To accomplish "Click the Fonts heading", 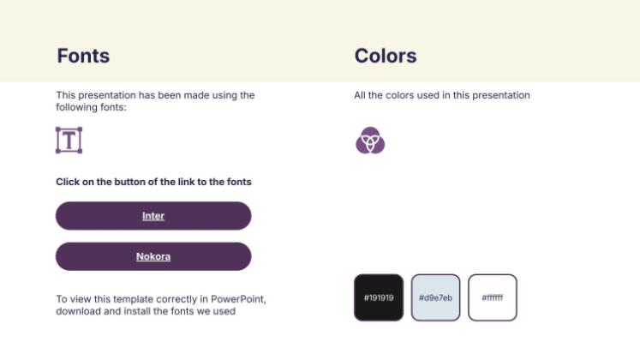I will pyautogui.click(x=83, y=56).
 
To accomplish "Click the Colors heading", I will pyautogui.click(x=386, y=56).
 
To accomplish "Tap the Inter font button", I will pyautogui.click(x=153, y=216).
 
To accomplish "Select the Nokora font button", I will pyautogui.click(x=153, y=256).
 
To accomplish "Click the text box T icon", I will pyautogui.click(x=69, y=140).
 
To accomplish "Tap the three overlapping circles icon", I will pyautogui.click(x=370, y=140).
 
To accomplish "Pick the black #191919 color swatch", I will pyautogui.click(x=379, y=297).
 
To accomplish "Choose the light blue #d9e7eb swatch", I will pyautogui.click(x=435, y=297).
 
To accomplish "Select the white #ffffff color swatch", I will pyautogui.click(x=493, y=297).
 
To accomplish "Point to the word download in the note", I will pyautogui.click(x=77, y=311).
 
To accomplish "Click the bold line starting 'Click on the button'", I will pyautogui.click(x=153, y=182).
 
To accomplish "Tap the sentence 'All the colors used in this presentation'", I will pyautogui.click(x=442, y=95).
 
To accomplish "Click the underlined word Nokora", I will pyautogui.click(x=153, y=256).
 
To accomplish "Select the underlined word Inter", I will pyautogui.click(x=153, y=216).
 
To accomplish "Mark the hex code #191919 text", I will pyautogui.click(x=379, y=298).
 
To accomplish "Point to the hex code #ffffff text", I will pyautogui.click(x=493, y=298).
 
